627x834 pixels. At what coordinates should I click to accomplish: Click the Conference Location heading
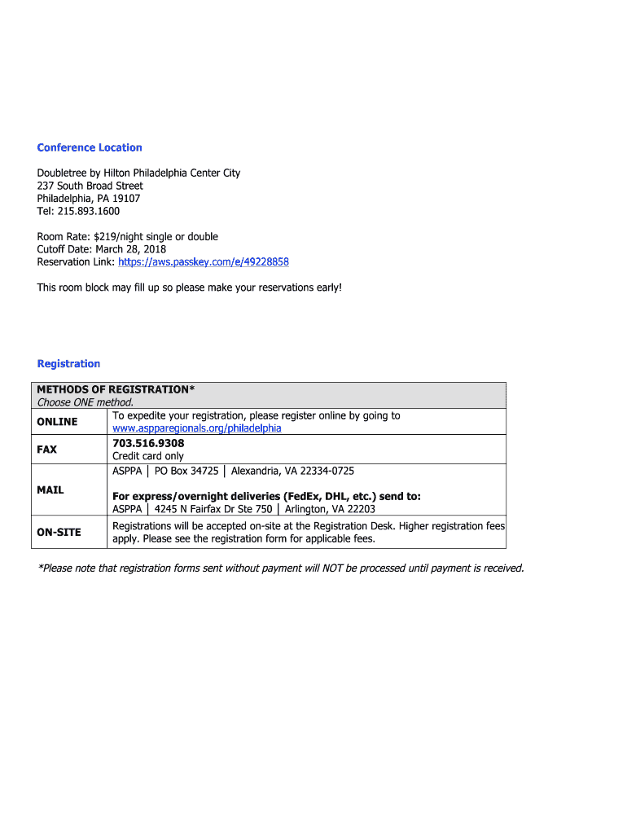[90, 147]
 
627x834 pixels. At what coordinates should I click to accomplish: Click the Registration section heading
[68, 363]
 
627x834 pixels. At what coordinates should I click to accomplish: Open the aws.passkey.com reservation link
[204, 262]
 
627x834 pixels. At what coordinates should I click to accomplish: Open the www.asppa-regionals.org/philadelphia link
[197, 428]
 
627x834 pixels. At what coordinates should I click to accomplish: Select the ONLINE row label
[57, 422]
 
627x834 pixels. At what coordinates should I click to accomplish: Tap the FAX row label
[47, 450]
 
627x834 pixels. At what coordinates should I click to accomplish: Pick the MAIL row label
[50, 490]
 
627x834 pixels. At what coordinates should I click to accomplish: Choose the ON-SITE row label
[59, 533]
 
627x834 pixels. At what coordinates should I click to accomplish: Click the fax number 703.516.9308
[148, 443]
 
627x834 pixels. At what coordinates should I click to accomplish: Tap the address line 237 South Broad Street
[90, 186]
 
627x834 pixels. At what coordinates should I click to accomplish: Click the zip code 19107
[126, 198]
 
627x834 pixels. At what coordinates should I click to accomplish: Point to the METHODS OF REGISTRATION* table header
[116, 389]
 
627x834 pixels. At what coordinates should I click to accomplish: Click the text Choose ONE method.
[85, 402]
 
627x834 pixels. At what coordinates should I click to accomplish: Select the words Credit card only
[148, 456]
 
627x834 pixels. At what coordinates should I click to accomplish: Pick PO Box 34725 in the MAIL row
[186, 472]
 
